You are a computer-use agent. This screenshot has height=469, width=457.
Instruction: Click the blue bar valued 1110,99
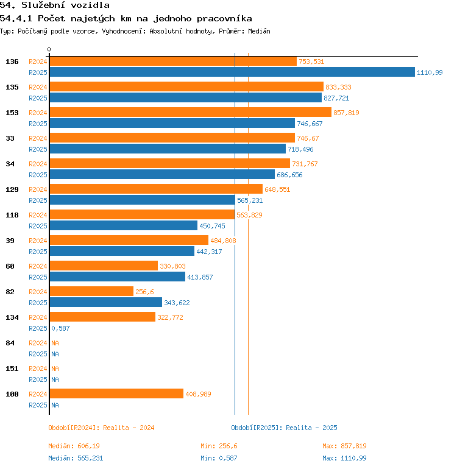coord(232,72)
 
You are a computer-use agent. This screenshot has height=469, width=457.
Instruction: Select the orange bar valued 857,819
coord(190,113)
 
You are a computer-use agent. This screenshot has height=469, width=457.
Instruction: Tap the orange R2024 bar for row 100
coord(116,394)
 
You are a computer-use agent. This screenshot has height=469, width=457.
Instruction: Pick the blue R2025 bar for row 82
coord(105,303)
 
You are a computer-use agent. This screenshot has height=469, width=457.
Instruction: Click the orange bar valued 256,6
coord(91,292)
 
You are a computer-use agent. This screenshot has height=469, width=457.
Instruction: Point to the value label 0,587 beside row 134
coord(61,328)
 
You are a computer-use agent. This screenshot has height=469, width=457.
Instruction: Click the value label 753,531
coord(311,62)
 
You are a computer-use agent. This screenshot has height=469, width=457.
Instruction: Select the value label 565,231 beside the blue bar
coord(250,200)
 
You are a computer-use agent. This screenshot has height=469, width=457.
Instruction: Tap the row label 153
coord(12,113)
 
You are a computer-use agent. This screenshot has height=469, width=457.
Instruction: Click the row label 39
coord(10,241)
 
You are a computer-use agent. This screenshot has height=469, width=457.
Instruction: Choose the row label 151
coord(12,368)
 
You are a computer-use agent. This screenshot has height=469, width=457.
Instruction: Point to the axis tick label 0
coord(49,49)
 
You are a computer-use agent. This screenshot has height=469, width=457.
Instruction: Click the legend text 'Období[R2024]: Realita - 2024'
coord(101,428)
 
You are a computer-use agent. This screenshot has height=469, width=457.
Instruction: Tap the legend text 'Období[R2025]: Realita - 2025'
coord(284,428)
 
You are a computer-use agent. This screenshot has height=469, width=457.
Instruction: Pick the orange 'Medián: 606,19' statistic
coord(74,446)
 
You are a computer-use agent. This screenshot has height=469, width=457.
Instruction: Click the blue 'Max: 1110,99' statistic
coord(344,458)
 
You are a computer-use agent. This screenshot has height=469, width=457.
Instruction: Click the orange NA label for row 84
coord(55,343)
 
